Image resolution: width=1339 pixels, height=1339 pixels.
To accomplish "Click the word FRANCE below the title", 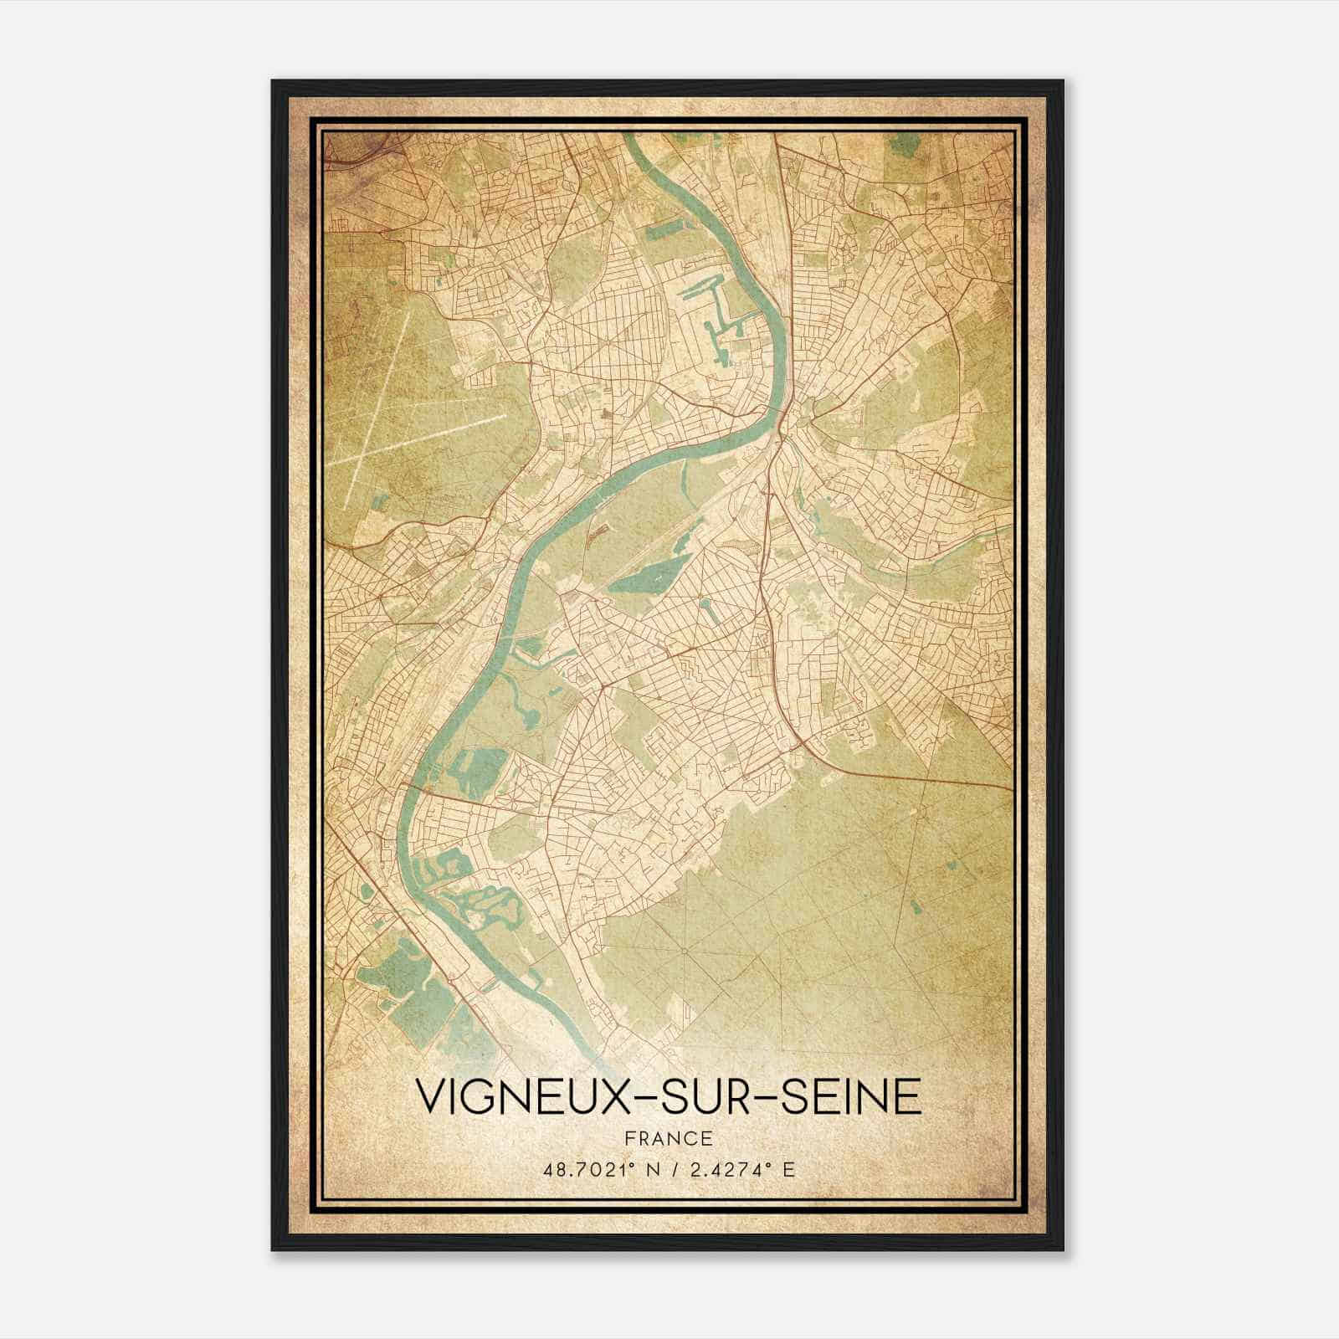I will [x=668, y=1139].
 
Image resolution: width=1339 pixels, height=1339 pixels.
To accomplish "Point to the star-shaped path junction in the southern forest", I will [x=685, y=951].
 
